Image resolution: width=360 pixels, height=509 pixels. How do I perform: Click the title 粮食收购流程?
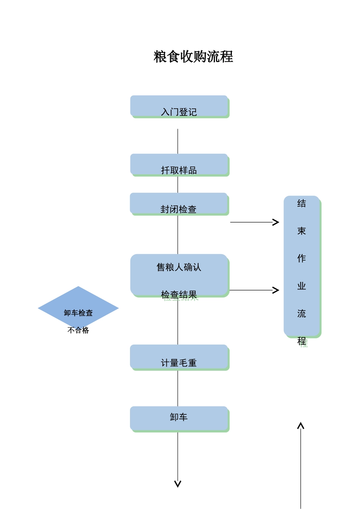pos(193,57)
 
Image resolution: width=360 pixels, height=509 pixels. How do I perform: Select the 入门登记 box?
pos(179,106)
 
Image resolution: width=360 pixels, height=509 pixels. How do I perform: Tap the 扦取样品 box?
pos(179,165)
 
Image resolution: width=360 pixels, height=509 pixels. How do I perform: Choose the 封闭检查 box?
pos(179,204)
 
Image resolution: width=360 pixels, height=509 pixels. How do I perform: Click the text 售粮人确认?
pos(179,267)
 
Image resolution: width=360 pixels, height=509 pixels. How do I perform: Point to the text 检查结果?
pos(179,295)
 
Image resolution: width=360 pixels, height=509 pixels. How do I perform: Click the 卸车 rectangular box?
pos(179,418)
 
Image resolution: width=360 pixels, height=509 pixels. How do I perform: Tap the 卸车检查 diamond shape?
pos(78,308)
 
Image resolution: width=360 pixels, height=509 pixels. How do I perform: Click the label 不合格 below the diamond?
pos(78,330)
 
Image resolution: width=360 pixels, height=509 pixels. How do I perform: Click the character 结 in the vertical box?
pos(302,203)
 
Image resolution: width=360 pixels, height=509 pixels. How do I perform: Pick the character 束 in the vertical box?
pos(302,231)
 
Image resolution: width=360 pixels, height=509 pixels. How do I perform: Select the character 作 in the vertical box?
pos(302,258)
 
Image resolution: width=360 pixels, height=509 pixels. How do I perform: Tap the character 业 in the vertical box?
pos(302,286)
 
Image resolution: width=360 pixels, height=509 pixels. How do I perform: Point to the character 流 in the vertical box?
pos(302,314)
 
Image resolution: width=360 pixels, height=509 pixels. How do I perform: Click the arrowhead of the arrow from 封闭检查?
pos(276,222)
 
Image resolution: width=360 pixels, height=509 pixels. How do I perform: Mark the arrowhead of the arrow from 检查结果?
pos(276,290)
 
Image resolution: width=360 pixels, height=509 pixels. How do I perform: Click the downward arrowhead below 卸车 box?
pos(178,484)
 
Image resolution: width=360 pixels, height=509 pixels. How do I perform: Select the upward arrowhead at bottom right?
pos(301,426)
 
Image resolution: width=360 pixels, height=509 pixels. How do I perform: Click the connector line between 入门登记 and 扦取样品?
pos(178,141)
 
